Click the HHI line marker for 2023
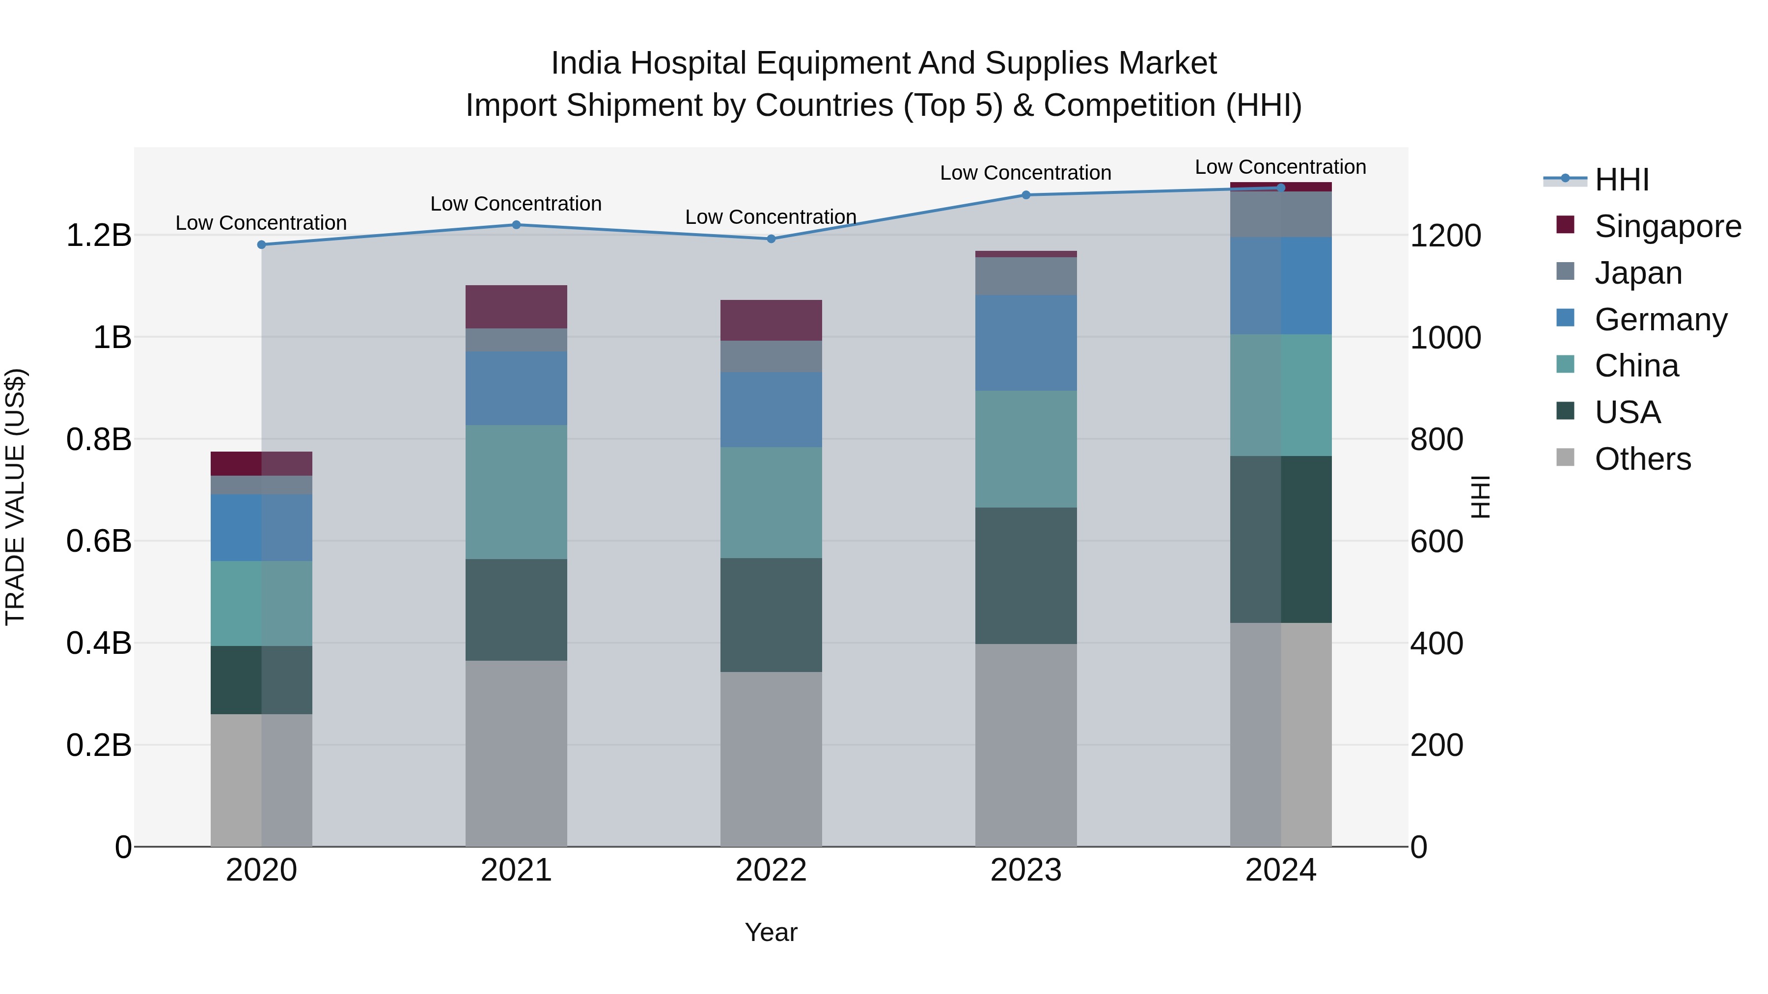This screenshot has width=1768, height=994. [x=1026, y=195]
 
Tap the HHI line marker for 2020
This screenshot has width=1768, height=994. [x=261, y=245]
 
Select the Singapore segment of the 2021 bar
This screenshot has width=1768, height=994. [x=516, y=307]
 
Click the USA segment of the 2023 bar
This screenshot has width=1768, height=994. [x=1026, y=576]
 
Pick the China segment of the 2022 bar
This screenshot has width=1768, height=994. [x=771, y=503]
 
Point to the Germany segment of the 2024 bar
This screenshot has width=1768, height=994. [x=1281, y=286]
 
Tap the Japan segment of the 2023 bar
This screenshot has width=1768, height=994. [x=1026, y=276]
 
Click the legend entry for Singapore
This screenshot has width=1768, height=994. [x=1667, y=226]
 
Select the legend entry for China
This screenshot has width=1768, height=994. [x=1636, y=366]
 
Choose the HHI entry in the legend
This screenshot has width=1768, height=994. [x=1621, y=180]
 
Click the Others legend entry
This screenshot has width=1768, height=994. [x=1642, y=459]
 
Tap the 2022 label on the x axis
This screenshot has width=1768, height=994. [x=771, y=870]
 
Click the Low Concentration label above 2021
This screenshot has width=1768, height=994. [x=516, y=204]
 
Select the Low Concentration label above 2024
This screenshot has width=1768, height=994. [x=1281, y=167]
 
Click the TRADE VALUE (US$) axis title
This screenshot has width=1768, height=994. [x=15, y=497]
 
